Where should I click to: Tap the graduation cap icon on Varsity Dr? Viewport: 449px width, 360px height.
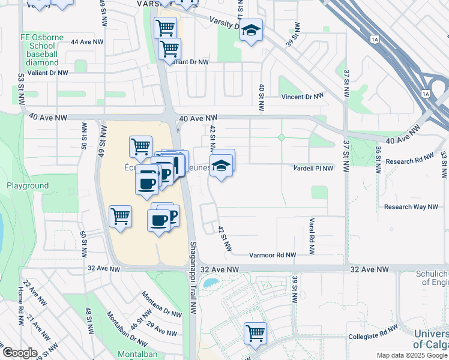251,30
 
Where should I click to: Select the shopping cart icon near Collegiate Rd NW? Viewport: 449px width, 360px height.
255,332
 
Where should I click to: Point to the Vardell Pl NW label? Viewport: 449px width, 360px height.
313,169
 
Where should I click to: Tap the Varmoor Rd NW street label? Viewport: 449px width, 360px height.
273,255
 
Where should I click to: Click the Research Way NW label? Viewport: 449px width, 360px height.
411,207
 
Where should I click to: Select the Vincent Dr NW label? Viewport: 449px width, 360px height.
302,96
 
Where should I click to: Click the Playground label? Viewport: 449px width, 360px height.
28,186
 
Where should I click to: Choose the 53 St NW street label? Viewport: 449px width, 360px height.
21,87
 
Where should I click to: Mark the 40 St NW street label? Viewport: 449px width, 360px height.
261,97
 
